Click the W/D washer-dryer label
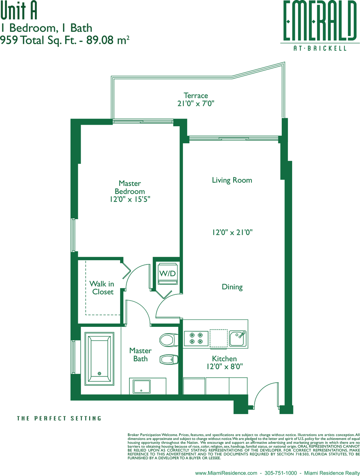tap(167, 273)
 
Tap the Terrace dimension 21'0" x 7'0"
tap(196, 103)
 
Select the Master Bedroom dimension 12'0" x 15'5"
tap(130, 199)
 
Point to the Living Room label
tap(232, 180)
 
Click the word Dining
tap(232, 287)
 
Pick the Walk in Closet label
tap(102, 287)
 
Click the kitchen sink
tap(238, 338)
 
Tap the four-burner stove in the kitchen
tap(196, 338)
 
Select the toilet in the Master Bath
tap(169, 340)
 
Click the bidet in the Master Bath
tap(169, 359)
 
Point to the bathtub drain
tap(99, 373)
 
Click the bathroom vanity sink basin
tap(141, 387)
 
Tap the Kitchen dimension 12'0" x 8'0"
tap(224, 366)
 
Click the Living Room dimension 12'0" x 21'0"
tap(232, 232)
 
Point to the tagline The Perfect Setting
tap(59, 418)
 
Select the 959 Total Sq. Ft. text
tap(38, 40)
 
